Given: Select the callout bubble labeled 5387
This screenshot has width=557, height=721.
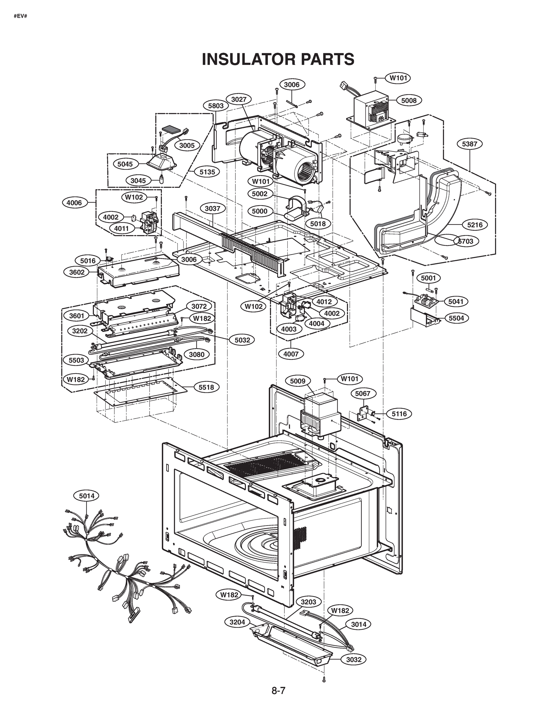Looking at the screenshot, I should coord(470,144).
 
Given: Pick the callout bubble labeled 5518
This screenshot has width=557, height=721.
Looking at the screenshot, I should coord(206,387).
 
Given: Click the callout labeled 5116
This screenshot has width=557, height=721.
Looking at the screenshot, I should coord(399,414).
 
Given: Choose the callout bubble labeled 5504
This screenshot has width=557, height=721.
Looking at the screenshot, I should coord(456,318).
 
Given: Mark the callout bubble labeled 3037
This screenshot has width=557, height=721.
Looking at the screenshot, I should coord(213,209).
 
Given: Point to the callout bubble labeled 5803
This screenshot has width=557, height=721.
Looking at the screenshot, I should coord(216,106).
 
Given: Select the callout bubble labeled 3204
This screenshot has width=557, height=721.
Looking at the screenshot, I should coord(237,622).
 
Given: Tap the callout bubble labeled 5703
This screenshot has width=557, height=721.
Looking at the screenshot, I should coord(466,241).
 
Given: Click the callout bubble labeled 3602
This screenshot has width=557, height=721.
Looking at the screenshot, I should coord(77,272).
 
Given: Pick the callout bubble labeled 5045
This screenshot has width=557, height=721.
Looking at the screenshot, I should coord(125,164).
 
